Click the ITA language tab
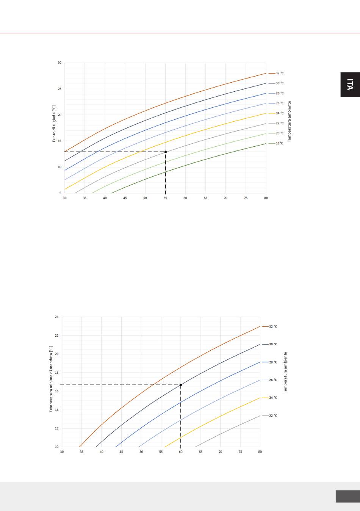pos(350,85)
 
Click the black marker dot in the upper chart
pos(166,152)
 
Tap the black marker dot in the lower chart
pos(181,385)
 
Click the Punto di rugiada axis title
pos(54,124)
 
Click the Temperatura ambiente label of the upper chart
pos(289,121)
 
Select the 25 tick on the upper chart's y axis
pos(59,89)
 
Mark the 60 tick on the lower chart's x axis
pos(181,452)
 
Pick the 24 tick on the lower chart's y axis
pos(56,317)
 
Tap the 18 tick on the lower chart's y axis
pos(56,373)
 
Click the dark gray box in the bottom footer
pos(347,496)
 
